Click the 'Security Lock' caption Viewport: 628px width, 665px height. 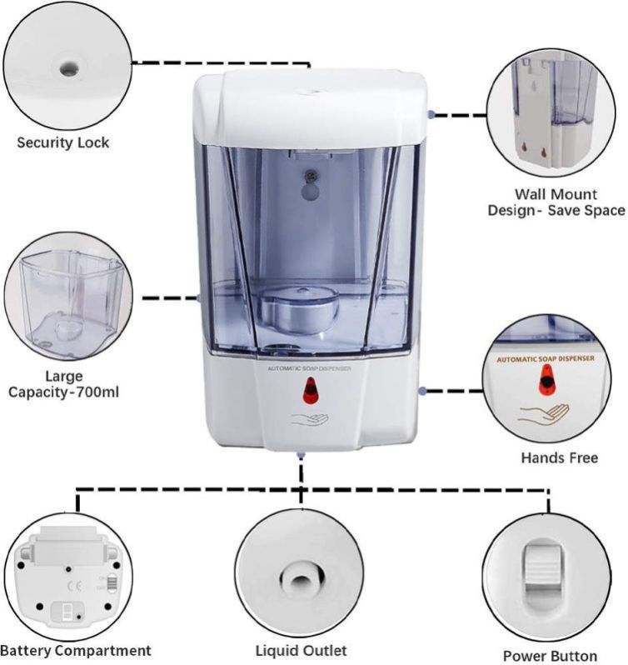[63, 142]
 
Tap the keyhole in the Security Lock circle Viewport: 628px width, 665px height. [68, 67]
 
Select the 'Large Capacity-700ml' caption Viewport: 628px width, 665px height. [63, 384]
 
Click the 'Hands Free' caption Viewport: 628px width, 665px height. [560, 457]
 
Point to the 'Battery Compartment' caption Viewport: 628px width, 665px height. [76, 650]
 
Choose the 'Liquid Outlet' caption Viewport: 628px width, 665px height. [301, 650]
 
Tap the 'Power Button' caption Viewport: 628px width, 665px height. [550, 656]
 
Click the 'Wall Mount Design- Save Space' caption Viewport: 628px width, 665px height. [556, 202]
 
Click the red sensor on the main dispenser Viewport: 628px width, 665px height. [312, 390]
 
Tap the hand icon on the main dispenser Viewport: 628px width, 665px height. [310, 419]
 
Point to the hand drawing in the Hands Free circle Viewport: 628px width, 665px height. [544, 414]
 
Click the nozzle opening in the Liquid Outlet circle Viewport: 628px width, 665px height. [301, 580]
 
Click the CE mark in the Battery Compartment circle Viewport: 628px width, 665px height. [75, 586]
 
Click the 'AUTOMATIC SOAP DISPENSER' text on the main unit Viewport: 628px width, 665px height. [309, 368]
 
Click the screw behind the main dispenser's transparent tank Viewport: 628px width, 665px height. [312, 174]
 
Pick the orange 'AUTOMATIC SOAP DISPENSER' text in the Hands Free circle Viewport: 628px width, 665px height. [546, 359]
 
